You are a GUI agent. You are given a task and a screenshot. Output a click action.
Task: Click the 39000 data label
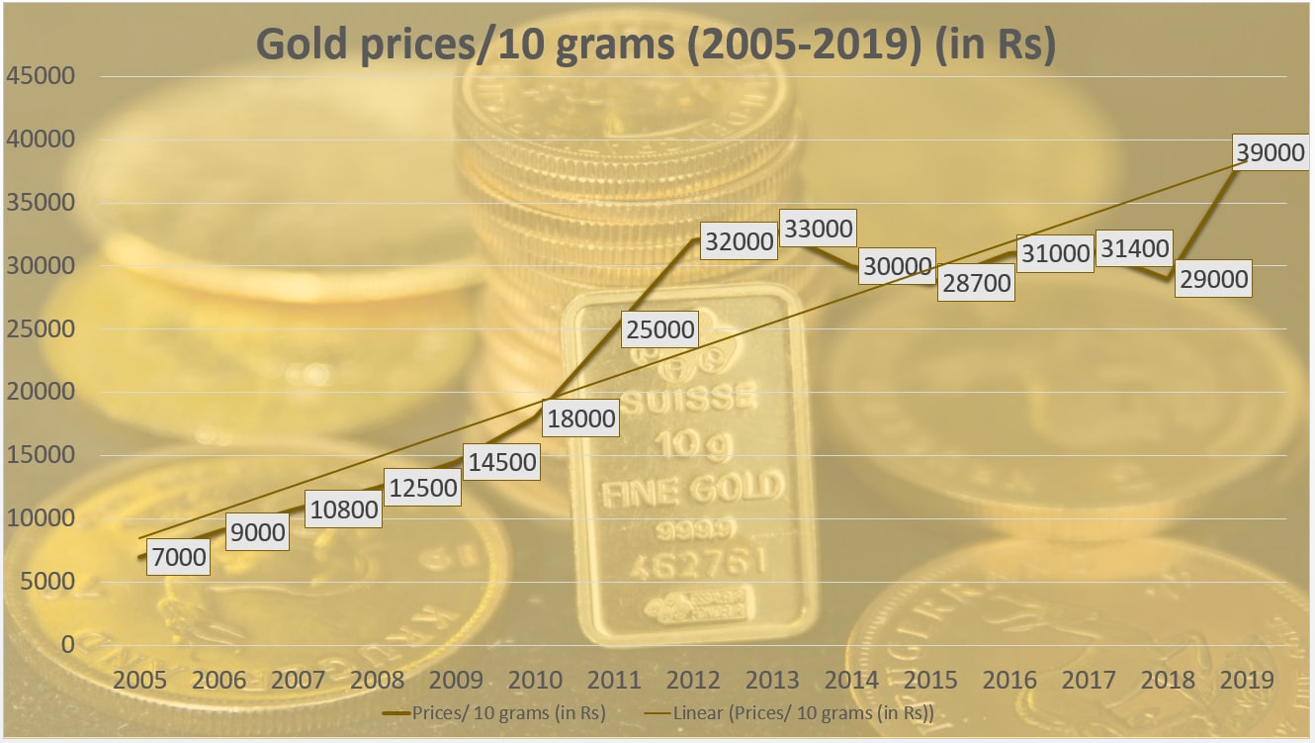pos(1270,152)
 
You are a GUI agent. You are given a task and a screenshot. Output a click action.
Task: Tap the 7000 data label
pos(179,556)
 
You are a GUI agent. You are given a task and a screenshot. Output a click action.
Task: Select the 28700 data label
pos(976,283)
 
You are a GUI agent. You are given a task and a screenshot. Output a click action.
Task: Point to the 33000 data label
pos(817,230)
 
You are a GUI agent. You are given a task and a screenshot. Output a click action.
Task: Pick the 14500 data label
pos(502,461)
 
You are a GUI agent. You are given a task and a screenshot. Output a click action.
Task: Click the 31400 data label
pos(1133,249)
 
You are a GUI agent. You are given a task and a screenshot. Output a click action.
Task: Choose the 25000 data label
pos(659,328)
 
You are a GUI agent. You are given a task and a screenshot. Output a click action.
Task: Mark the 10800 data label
pos(343,509)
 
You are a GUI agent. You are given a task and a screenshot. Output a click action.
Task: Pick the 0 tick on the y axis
pos(68,644)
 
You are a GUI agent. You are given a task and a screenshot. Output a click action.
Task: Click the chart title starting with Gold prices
pos(656,45)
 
